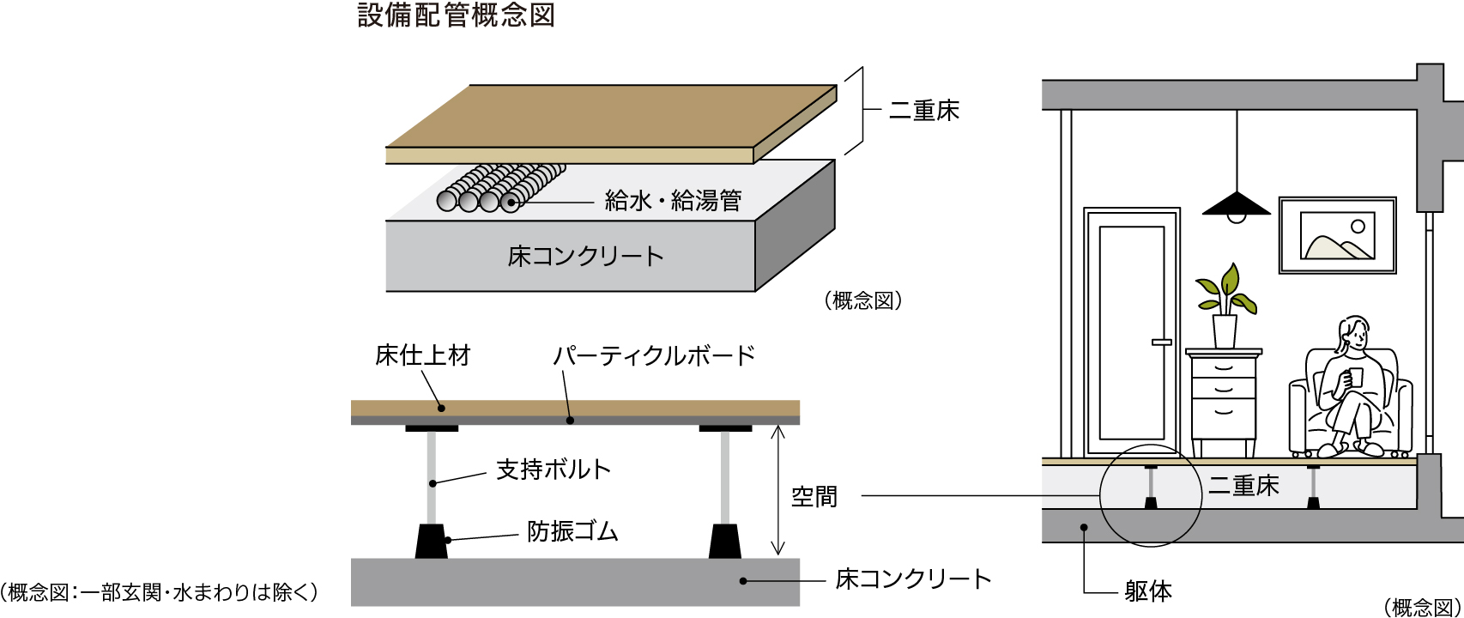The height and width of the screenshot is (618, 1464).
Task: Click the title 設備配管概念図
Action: tap(456, 15)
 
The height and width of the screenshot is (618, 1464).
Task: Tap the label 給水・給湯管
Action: tap(673, 201)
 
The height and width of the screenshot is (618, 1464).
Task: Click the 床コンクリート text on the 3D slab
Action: tap(586, 256)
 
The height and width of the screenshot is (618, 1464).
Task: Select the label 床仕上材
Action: tap(423, 355)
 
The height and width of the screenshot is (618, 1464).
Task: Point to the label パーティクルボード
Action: tap(654, 355)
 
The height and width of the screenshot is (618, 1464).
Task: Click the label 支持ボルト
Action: tap(554, 470)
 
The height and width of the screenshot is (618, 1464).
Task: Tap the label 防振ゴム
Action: tap(572, 532)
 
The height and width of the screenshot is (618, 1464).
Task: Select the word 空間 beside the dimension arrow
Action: tap(814, 496)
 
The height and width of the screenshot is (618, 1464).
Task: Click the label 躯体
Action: tap(1148, 591)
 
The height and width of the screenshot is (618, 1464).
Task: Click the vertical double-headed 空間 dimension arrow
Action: tap(777, 491)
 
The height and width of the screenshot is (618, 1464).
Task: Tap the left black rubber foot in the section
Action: tap(431, 542)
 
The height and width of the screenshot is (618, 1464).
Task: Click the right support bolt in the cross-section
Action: tap(725, 476)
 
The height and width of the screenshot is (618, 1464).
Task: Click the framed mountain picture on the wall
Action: tap(1337, 235)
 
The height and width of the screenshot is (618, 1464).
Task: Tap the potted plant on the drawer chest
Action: tap(1225, 305)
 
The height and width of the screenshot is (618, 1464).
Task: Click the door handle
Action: tap(1161, 342)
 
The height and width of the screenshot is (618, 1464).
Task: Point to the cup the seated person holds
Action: tap(1355, 377)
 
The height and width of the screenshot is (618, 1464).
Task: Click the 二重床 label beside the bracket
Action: tap(924, 111)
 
